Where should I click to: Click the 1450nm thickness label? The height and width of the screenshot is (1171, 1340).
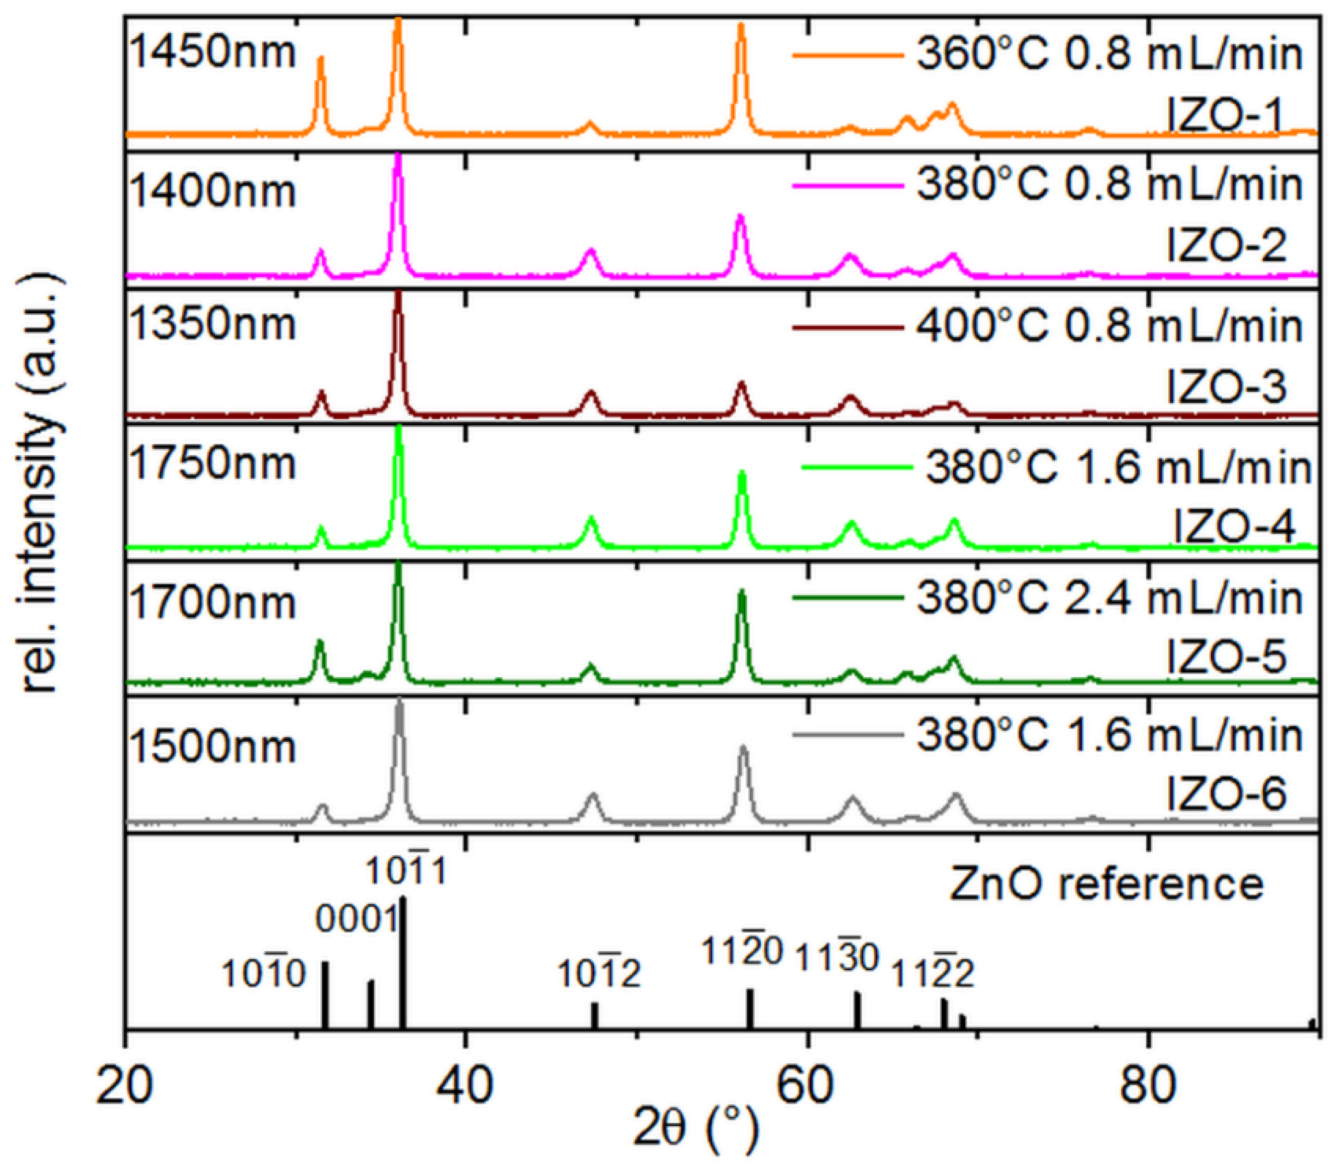(213, 52)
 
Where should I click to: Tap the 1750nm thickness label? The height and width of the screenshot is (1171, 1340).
(213, 464)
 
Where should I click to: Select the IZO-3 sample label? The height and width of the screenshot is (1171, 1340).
(1226, 387)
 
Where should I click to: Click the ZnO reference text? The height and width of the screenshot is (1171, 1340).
(1106, 884)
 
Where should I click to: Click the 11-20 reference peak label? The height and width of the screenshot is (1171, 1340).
(742, 951)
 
